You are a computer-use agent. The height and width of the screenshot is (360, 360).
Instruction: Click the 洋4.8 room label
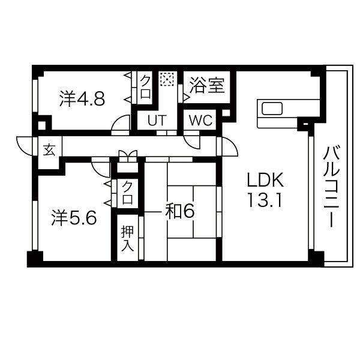coord(82,99)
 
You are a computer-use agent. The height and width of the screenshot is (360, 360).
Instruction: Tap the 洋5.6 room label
coord(74,217)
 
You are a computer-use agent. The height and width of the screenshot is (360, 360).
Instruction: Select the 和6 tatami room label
coord(180,211)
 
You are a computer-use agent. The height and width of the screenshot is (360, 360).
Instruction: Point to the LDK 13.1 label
coord(265,190)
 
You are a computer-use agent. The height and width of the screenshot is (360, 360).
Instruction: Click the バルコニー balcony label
coord(331,187)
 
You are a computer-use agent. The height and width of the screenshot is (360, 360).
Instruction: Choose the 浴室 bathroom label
coord(207,86)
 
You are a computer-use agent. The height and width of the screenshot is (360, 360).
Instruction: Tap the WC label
coord(200,120)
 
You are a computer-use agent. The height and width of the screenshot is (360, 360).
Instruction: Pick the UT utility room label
coord(157,120)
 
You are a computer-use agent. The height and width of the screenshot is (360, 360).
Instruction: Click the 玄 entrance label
coord(49,150)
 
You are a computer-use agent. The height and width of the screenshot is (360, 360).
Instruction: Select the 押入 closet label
coord(127,238)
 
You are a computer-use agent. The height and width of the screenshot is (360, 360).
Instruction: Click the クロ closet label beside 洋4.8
coord(146,87)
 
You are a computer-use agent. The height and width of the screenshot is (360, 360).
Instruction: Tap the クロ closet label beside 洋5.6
coord(127,193)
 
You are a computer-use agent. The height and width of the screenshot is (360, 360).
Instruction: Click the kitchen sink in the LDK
coord(272,109)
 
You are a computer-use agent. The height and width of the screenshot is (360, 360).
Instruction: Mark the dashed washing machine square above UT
coord(167,79)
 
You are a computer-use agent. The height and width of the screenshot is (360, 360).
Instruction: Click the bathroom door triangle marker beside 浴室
coord(186,98)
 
